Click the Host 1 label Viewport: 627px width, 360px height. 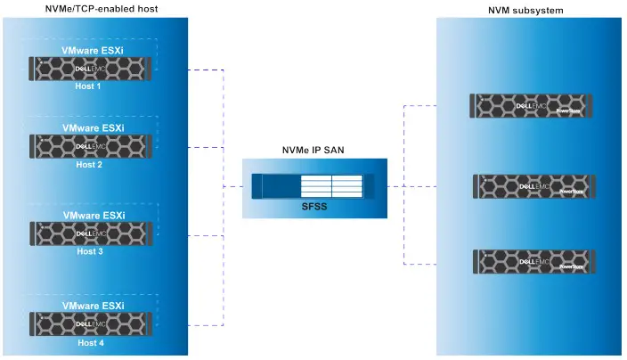[x=89, y=86]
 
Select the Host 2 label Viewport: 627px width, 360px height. [x=89, y=164]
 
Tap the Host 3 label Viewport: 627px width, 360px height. [x=89, y=251]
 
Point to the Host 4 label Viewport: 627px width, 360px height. [x=89, y=341]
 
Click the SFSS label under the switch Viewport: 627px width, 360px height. [x=314, y=206]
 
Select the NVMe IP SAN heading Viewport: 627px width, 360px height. [x=314, y=151]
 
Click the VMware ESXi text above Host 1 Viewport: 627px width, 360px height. [x=93, y=51]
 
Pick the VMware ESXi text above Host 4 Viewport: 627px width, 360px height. [x=93, y=306]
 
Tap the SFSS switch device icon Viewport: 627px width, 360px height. [x=313, y=186]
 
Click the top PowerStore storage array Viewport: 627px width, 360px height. [x=533, y=105]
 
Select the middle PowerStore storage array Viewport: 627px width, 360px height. [x=533, y=186]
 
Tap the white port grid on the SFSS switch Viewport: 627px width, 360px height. [x=331, y=186]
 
